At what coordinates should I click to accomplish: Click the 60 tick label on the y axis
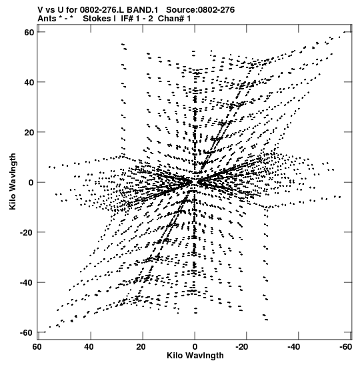tap(29, 32)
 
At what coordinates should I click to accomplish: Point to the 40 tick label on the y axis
tap(29, 82)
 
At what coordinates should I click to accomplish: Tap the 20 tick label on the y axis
tap(29, 132)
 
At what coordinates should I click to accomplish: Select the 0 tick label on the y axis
tap(31, 183)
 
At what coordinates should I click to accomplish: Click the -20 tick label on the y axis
tap(27, 233)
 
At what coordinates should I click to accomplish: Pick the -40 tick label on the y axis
tap(27, 283)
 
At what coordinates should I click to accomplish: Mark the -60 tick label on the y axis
tap(27, 333)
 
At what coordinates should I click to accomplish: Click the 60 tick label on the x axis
tap(37, 347)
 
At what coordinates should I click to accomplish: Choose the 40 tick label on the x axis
tap(89, 347)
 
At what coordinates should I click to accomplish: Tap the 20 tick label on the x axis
tap(141, 347)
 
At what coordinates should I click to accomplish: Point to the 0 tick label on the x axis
tap(195, 347)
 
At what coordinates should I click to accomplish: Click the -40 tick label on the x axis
tap(295, 347)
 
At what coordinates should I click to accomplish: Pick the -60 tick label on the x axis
tap(345, 347)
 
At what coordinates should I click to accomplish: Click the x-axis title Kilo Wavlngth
tap(195, 356)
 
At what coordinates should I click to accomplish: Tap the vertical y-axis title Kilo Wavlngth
tap(13, 181)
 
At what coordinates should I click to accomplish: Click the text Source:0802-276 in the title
tap(201, 10)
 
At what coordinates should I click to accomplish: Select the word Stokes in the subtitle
tap(97, 19)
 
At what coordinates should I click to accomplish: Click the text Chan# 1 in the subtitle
tap(174, 19)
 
